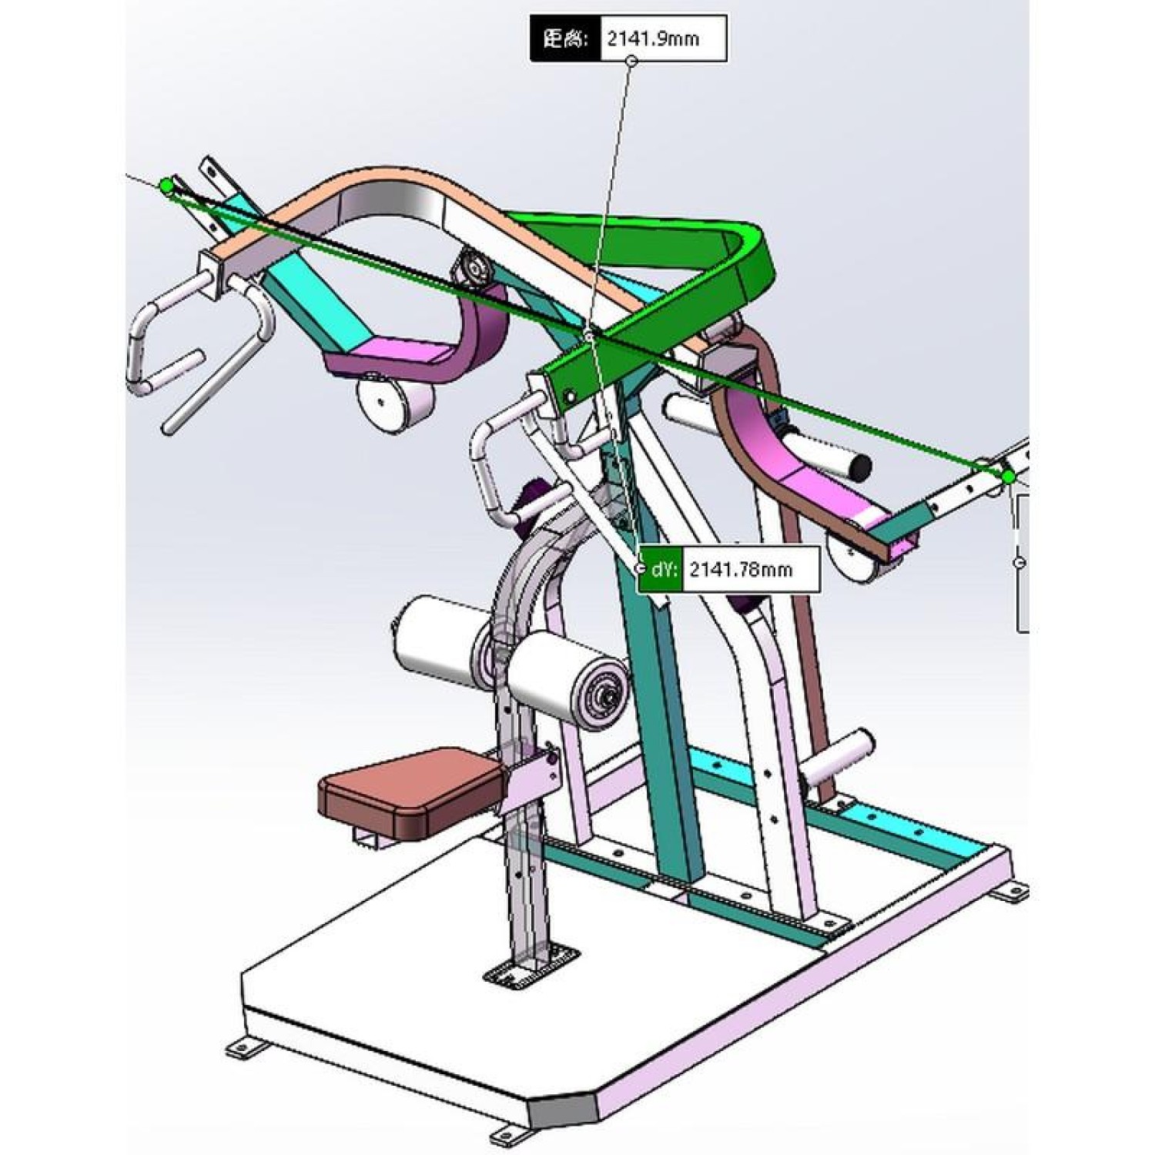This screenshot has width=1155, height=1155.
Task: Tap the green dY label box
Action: point(661,570)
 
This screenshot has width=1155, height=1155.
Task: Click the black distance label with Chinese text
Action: point(564,38)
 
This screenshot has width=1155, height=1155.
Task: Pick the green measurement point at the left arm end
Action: point(167,186)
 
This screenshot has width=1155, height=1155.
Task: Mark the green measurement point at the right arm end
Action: point(1009,477)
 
